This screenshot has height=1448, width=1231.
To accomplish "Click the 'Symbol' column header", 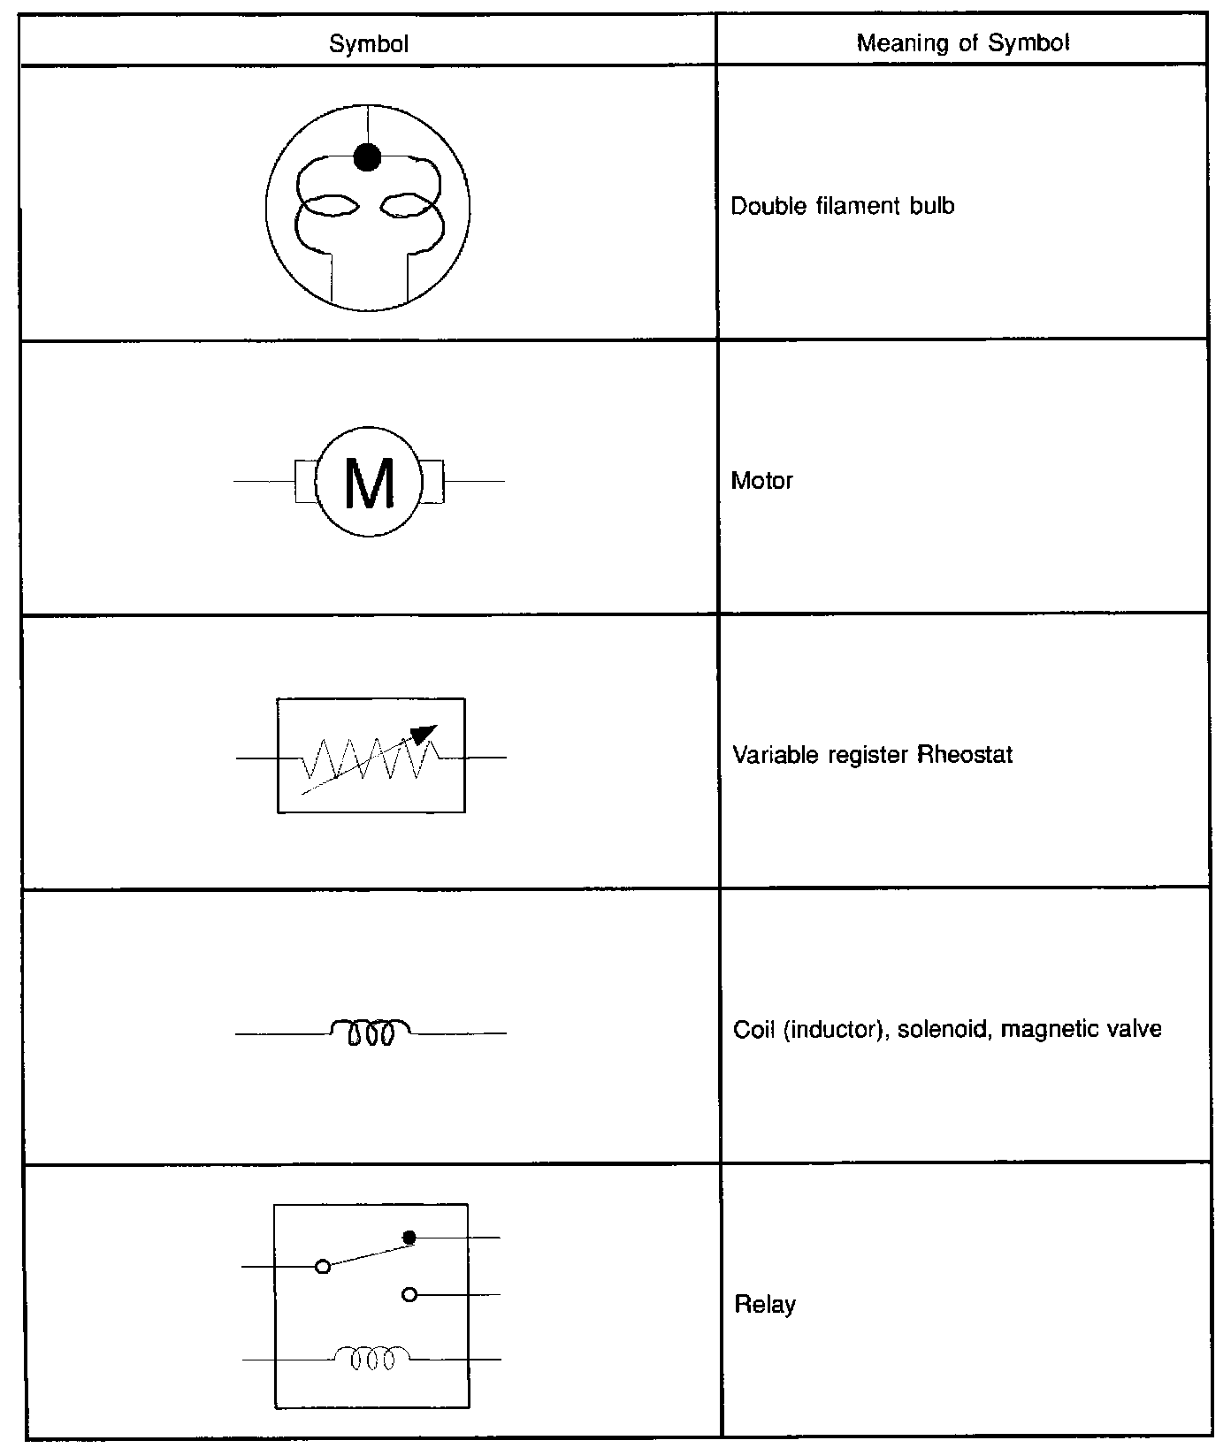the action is click(369, 43).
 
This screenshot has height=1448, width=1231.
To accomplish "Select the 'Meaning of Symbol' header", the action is click(963, 42).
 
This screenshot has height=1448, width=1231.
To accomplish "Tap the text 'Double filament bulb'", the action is click(843, 206).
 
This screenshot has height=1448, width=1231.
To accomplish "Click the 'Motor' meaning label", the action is click(762, 481).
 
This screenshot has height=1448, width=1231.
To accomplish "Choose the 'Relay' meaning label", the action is click(765, 1304).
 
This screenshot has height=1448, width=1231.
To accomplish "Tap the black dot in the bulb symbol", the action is click(367, 157).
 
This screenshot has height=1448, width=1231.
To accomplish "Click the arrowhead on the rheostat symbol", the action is click(425, 734).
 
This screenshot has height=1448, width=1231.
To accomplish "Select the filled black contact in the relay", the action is click(409, 1237).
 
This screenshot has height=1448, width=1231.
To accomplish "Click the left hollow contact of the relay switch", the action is click(323, 1267).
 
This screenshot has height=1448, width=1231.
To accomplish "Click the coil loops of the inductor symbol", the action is click(370, 1032).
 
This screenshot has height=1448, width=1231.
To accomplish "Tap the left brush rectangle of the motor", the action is click(305, 482).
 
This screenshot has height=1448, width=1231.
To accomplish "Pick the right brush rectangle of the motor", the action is click(432, 482).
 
